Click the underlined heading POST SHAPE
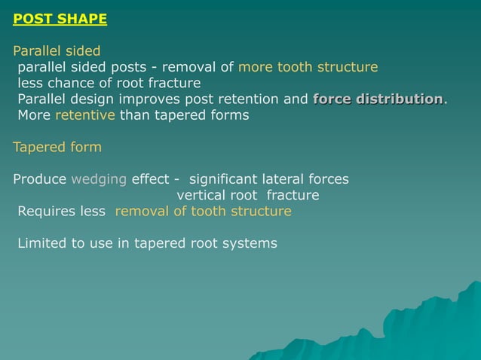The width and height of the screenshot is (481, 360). (60, 19)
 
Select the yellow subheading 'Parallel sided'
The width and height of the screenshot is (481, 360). (57, 51)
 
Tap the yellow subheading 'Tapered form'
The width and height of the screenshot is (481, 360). (57, 147)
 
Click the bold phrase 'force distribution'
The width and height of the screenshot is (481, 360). (378, 99)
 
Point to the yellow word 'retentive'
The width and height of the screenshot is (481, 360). (85, 115)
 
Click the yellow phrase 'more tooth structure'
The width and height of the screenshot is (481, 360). (308, 67)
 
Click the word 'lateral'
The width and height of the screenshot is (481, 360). (283, 179)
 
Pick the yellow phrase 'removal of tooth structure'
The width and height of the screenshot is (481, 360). (203, 212)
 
